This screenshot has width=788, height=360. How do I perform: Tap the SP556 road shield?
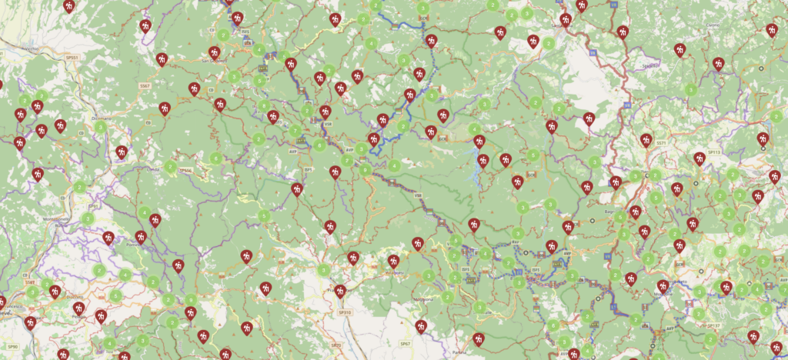185,170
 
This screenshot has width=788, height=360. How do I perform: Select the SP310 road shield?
344,312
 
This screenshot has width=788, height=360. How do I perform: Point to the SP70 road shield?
336,346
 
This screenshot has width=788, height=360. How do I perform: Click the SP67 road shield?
405,343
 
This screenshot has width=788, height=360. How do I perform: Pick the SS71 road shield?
661,143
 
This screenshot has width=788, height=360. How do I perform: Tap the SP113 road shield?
714,152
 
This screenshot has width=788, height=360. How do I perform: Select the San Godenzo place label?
212,62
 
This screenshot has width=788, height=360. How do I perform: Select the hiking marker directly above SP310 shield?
339,292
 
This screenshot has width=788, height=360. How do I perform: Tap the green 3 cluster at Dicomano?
100,127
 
